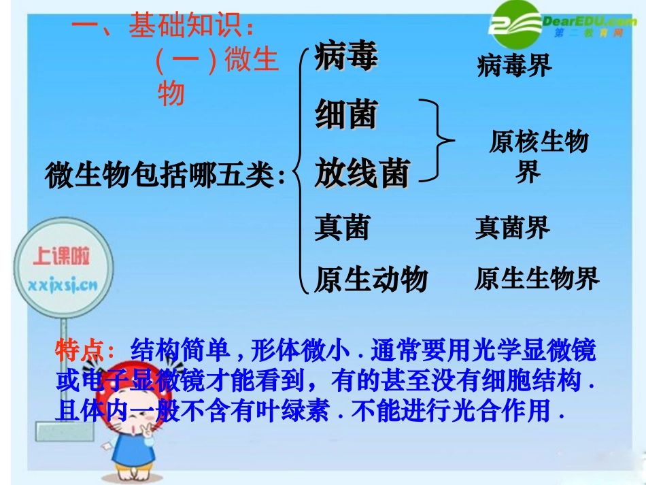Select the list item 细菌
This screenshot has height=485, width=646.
coord(345,115)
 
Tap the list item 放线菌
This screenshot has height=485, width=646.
coord(361,173)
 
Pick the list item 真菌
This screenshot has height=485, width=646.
coord(341,227)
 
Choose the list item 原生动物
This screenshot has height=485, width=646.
coord(371,279)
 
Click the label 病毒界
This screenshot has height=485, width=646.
coord(514,66)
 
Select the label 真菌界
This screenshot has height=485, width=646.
coord(512,227)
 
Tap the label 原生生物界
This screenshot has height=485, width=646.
coord(537,279)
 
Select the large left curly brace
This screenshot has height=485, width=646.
coord(301,170)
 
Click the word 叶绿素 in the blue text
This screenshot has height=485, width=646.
coord(299,412)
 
